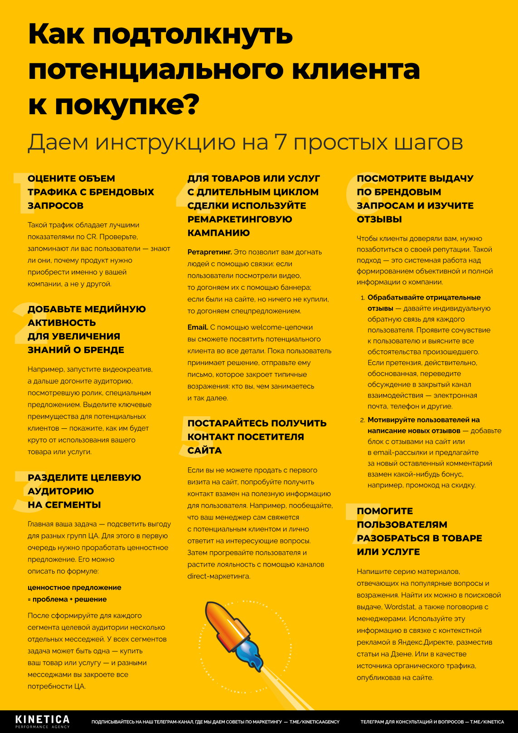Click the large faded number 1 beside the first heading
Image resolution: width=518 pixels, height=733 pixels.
coord(20,192)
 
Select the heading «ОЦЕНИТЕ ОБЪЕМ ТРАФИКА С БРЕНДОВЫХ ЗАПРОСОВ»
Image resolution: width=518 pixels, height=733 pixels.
coord(91,192)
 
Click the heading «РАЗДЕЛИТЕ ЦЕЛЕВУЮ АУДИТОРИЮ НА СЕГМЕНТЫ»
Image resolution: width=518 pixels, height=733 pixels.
coord(84,491)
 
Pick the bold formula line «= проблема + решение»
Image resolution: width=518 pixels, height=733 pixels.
coord(67,599)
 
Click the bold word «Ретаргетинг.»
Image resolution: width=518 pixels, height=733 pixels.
coord(209,252)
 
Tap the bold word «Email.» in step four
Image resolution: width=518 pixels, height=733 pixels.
coord(198,327)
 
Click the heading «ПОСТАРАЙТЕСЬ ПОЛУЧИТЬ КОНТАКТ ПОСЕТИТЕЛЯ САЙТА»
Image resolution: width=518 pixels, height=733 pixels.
coord(257,437)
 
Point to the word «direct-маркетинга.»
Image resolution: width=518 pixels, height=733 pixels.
coord(219,576)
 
